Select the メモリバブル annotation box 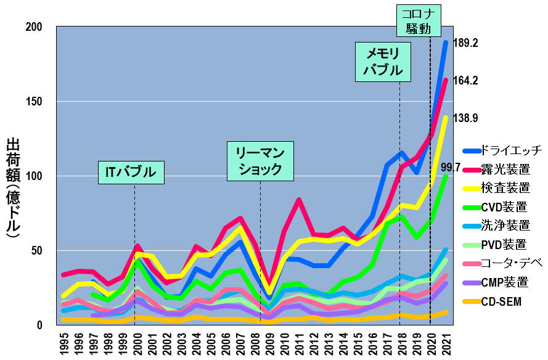click(x=382, y=62)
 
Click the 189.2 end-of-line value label click(x=465, y=43)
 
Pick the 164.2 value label click(x=465, y=81)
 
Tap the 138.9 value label click(x=465, y=118)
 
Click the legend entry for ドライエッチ click(x=502, y=150)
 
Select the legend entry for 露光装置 click(x=502, y=169)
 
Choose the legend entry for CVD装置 click(x=502, y=207)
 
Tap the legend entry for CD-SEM click(x=502, y=301)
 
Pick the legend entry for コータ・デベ click(x=502, y=263)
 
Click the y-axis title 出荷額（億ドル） click(x=14, y=188)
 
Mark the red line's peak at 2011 click(x=298, y=200)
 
